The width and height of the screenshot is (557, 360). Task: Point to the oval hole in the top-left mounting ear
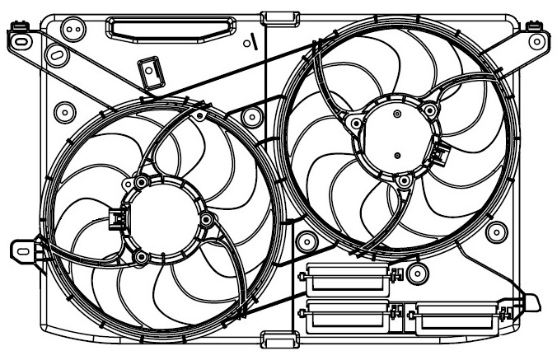tap(57, 54)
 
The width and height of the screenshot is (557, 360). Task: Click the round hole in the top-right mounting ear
tap(536, 39)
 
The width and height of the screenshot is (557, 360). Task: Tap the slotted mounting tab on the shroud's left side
tap(27, 246)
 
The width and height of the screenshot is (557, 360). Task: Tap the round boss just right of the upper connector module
tap(419, 274)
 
